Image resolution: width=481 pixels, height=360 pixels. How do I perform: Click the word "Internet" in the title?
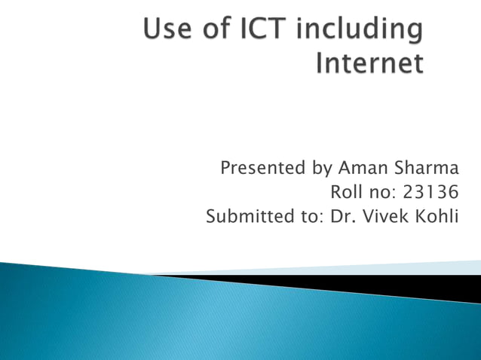click(369, 63)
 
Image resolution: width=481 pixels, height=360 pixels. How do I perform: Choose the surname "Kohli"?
click(437, 218)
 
